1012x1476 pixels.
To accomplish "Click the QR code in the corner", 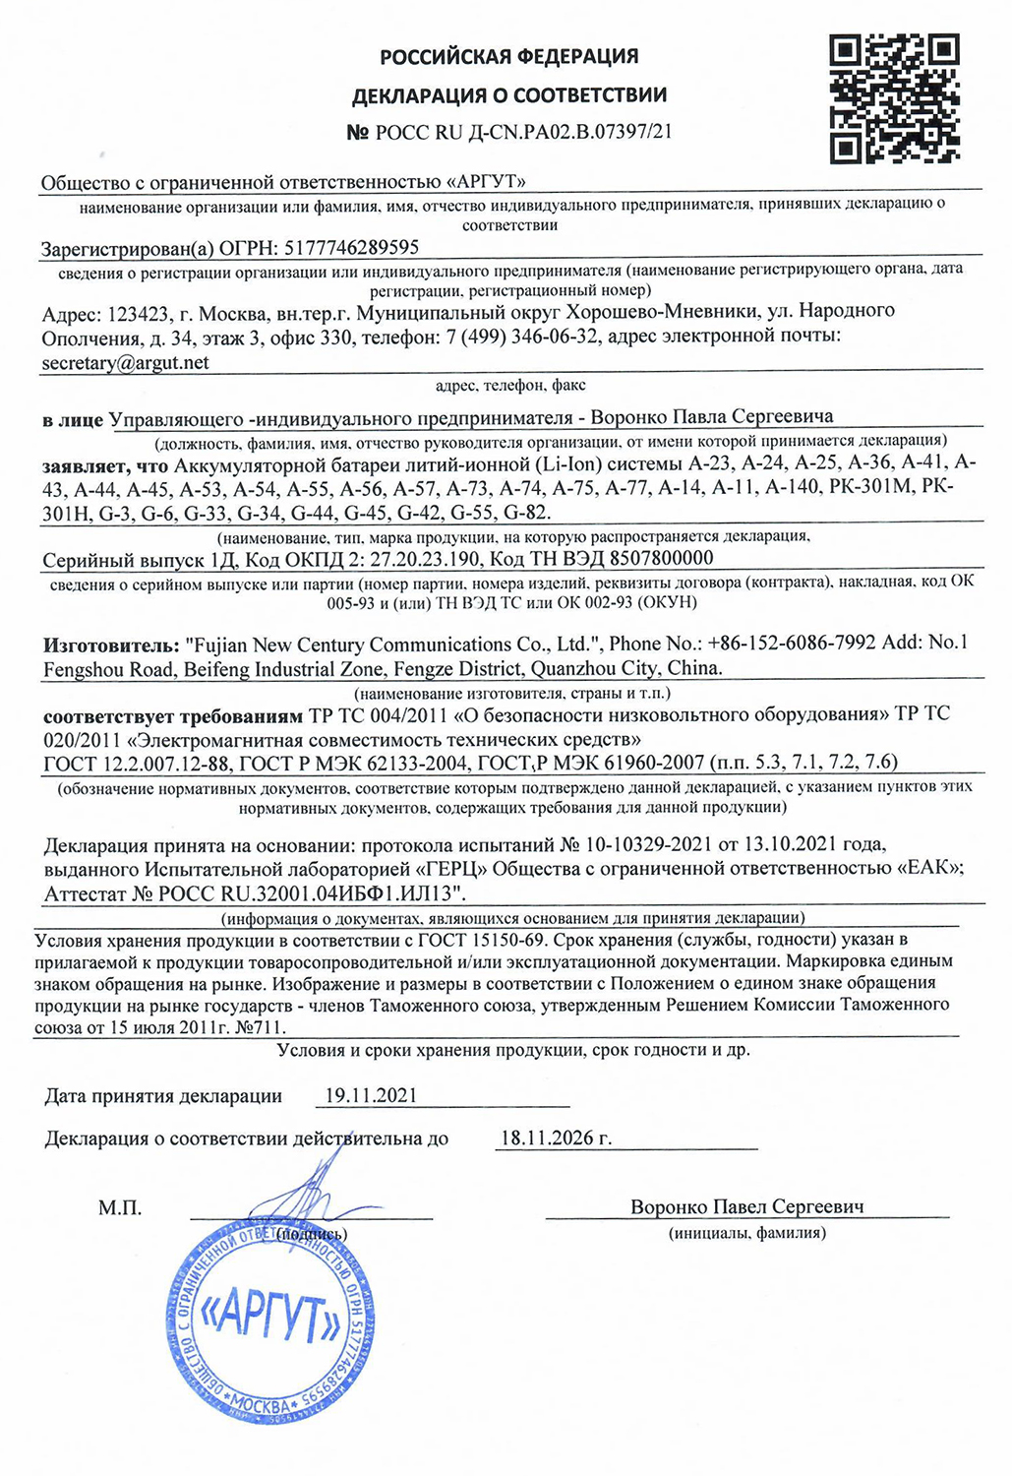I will tap(895, 98).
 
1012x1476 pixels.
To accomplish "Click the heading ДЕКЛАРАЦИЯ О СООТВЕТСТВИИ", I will tap(509, 95).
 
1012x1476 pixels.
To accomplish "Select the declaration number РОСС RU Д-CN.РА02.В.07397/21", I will tap(521, 132).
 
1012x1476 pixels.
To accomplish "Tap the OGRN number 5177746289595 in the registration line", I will tap(351, 248).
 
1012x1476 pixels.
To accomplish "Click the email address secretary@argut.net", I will tap(126, 363).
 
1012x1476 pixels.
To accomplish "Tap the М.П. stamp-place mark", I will tap(120, 1208).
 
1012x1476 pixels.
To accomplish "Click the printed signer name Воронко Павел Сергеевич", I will tap(747, 1207).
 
